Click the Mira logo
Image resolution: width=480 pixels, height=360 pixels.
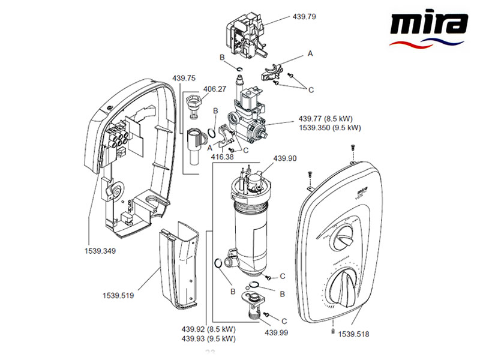pyautogui.click(x=428, y=29)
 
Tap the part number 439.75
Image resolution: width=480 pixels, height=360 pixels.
pyautogui.click(x=184, y=78)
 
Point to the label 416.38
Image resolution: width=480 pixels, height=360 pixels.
pyautogui.click(x=223, y=157)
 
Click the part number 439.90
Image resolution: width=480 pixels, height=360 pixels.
pyautogui.click(x=285, y=158)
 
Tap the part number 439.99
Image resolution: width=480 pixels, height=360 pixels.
pyautogui.click(x=277, y=333)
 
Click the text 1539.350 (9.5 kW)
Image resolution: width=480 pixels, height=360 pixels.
pyautogui.click(x=330, y=128)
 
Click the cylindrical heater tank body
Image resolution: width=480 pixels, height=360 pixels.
pyautogui.click(x=250, y=225)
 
